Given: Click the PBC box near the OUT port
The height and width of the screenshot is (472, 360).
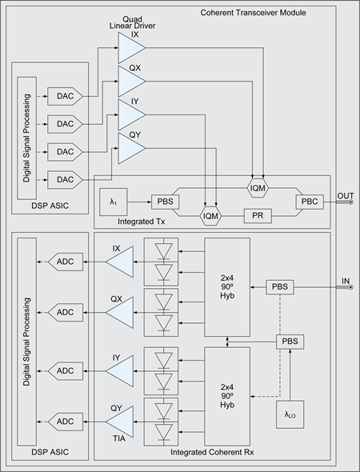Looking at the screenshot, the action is tap(310, 202).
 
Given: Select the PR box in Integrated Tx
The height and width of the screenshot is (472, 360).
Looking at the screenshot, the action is tap(258, 216).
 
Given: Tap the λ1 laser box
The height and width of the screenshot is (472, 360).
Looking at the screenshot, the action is tap(113, 202).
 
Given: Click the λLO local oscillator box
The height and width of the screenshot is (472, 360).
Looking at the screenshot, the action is tap(290, 414).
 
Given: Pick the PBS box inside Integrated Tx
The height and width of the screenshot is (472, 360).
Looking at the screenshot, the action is tap(166, 202).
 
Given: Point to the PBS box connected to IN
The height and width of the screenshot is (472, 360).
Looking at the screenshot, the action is tap(280, 287).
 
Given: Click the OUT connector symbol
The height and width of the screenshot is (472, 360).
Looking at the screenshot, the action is tap(350, 202).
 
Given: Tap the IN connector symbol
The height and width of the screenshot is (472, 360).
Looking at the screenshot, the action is tap(350, 287).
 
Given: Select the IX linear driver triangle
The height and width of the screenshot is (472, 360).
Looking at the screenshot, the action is tap(130, 47).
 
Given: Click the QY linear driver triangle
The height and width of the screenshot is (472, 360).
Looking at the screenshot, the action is tap(130, 149).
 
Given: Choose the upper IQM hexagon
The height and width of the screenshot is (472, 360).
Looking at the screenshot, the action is tap(258, 189).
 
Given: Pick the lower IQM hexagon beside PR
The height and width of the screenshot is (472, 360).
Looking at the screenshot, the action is tap(210, 216).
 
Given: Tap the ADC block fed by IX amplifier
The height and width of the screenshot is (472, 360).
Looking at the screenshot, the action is tap(66, 262).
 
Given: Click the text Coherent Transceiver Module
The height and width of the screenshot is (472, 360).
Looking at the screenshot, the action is tap(253, 13).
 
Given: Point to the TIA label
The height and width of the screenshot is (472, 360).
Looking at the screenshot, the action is tap(119, 439).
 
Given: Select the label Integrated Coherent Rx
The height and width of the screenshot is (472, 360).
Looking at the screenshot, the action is tap(212, 452).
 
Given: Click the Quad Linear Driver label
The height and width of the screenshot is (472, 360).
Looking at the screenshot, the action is tap(133, 22).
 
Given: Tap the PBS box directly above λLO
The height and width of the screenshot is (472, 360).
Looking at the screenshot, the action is tap(290, 342).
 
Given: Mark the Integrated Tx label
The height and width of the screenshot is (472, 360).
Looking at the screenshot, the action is tap(141, 222).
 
